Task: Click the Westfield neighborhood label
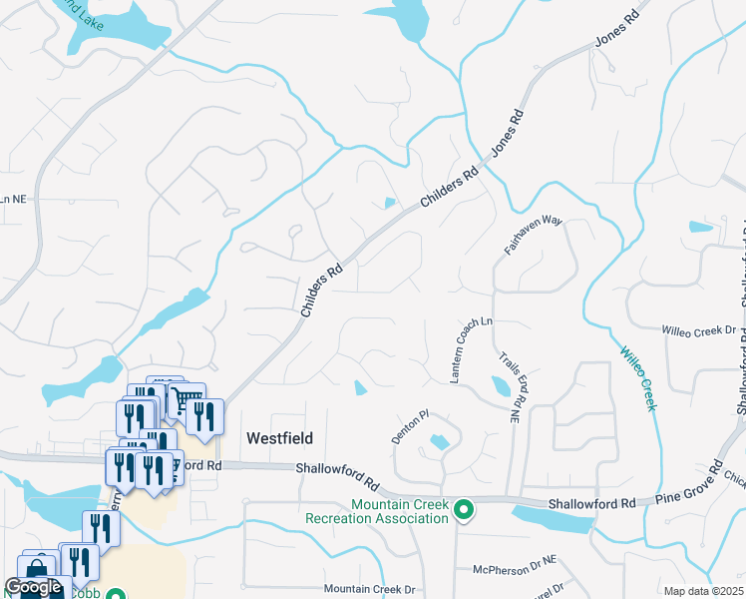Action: point(279,438)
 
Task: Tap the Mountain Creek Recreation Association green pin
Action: point(463,510)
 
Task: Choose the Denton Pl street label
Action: point(410,427)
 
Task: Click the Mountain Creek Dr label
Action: point(369,589)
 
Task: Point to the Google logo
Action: point(33,588)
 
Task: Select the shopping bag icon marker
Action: point(36,570)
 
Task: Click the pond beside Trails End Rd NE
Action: point(501,386)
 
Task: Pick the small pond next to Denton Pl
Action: point(438,441)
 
